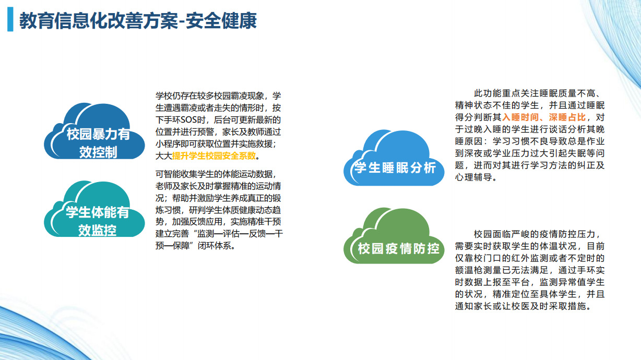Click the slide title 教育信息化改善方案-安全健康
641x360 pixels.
(x=138, y=21)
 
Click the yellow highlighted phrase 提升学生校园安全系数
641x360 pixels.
(x=214, y=156)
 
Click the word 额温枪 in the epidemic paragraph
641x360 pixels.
(x=468, y=270)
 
